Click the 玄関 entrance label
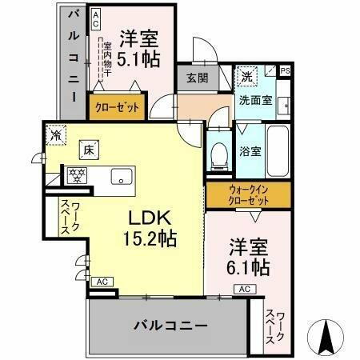(x=197, y=78)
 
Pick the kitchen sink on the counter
(x=122, y=177)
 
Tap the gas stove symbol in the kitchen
(x=78, y=174)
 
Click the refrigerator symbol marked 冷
(x=56, y=134)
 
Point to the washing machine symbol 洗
(x=246, y=77)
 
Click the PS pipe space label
(x=286, y=71)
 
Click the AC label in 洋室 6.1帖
(x=246, y=290)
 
